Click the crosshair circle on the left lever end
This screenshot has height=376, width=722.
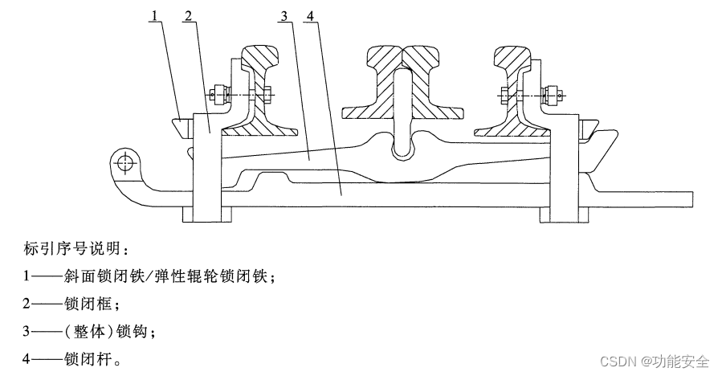click(x=123, y=163)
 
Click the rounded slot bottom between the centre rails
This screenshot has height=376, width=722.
click(x=402, y=150)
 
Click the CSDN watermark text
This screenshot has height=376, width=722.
click(x=651, y=361)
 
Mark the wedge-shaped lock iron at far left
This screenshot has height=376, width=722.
click(x=182, y=128)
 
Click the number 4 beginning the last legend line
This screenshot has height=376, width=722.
click(x=26, y=359)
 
